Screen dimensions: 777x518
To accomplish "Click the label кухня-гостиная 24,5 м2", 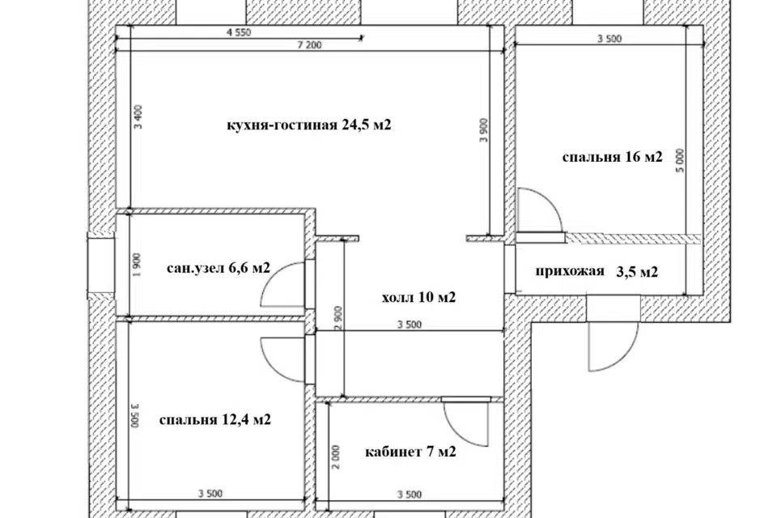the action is click(x=308, y=125).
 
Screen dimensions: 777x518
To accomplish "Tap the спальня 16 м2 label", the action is click(x=612, y=157).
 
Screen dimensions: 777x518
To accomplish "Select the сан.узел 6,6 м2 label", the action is click(x=219, y=268).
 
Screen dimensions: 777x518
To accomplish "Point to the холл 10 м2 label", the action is click(x=418, y=297).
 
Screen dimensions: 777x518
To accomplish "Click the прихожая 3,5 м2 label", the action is click(x=597, y=272).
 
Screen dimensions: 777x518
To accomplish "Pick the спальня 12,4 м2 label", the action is click(x=215, y=420).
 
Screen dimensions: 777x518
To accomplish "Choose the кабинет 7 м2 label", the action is click(x=410, y=452).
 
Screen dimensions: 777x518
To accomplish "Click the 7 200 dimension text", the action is click(x=310, y=45).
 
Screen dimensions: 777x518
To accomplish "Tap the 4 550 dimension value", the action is click(x=239, y=32).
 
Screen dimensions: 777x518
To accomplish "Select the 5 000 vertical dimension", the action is click(x=680, y=160).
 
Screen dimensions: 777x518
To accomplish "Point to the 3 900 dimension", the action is click(x=484, y=129).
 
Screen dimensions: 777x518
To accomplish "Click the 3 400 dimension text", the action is click(x=138, y=117).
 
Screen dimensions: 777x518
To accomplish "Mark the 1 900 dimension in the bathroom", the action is click(x=138, y=265).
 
